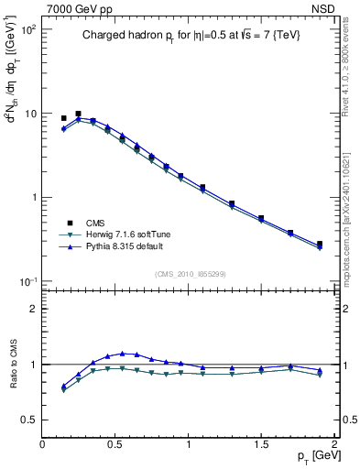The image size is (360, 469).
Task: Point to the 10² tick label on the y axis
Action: (x=27, y=30)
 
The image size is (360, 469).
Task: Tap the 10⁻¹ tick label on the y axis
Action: (x=27, y=281)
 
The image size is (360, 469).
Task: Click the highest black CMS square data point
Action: (x=78, y=114)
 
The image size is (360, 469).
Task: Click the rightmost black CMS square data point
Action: (x=319, y=244)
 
